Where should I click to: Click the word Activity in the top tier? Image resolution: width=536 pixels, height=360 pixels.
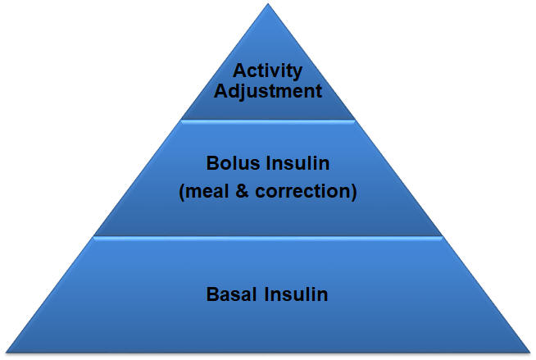pos(267,72)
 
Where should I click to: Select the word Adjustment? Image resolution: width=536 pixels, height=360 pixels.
pos(268,93)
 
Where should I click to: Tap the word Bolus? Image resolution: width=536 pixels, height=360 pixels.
pos(233,163)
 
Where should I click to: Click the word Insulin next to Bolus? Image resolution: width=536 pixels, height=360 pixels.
pos(298,163)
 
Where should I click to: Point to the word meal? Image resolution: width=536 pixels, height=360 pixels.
pos(207,191)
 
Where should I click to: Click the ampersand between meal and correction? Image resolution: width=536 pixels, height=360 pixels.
pos(242,191)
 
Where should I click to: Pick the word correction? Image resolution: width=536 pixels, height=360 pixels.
pos(303,191)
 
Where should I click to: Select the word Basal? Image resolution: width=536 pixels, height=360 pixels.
pos(231,294)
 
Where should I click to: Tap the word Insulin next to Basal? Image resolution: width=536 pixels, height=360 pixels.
pos(296,294)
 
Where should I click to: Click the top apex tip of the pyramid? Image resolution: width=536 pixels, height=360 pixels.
pos(268,4)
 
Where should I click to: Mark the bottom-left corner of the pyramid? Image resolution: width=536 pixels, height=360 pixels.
pos(7,352)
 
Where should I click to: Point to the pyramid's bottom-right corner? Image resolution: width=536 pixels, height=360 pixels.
pos(530,352)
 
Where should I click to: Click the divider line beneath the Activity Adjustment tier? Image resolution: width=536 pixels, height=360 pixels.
pos(268,121)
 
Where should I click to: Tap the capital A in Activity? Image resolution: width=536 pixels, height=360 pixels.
pos(239,71)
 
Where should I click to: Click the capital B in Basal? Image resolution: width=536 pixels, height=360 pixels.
pos(212,294)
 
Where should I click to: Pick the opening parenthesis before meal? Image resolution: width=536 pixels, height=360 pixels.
pos(182,192)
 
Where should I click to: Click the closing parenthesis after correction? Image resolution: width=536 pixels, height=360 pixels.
pos(354,192)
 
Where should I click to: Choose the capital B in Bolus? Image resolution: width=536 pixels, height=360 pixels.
pos(212,163)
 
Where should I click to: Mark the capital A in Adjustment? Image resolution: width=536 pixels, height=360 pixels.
pos(220,91)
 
